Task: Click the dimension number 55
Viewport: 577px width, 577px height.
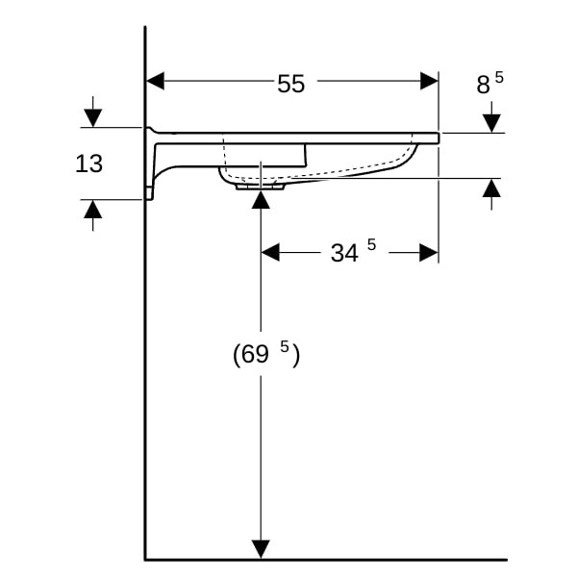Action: tap(290, 84)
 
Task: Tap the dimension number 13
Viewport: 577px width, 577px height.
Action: tap(88, 164)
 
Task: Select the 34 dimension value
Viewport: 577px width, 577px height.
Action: tap(343, 253)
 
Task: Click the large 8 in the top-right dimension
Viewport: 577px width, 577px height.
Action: tap(483, 86)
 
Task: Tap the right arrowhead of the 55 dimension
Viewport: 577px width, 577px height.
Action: tap(429, 82)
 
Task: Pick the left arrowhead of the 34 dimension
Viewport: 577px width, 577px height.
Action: tap(270, 252)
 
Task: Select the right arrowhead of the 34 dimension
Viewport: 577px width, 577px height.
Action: tap(428, 252)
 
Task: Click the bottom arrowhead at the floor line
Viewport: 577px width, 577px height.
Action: tap(261, 548)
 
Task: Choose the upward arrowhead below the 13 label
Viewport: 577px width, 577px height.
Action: tap(92, 209)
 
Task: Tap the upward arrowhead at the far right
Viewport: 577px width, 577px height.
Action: tap(491, 188)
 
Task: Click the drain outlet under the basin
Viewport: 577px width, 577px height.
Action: tap(261, 188)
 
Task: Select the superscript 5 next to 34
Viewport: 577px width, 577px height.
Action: tap(371, 246)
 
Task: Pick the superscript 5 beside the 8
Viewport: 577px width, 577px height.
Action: tap(498, 77)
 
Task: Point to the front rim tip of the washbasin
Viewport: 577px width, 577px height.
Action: tap(437, 138)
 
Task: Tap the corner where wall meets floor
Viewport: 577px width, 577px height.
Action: tap(145, 559)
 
